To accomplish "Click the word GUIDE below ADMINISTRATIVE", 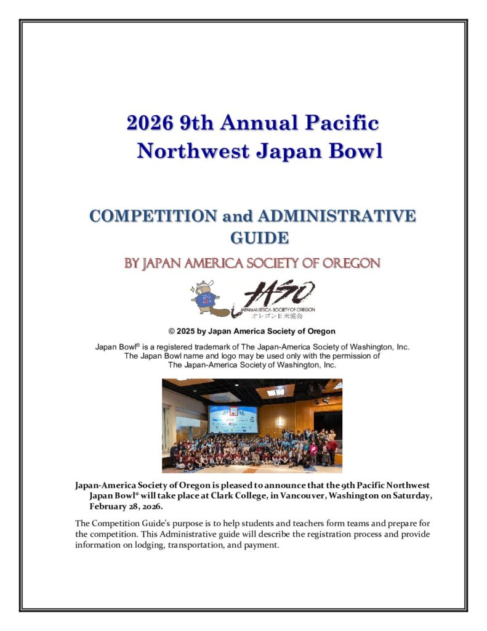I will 259,237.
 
